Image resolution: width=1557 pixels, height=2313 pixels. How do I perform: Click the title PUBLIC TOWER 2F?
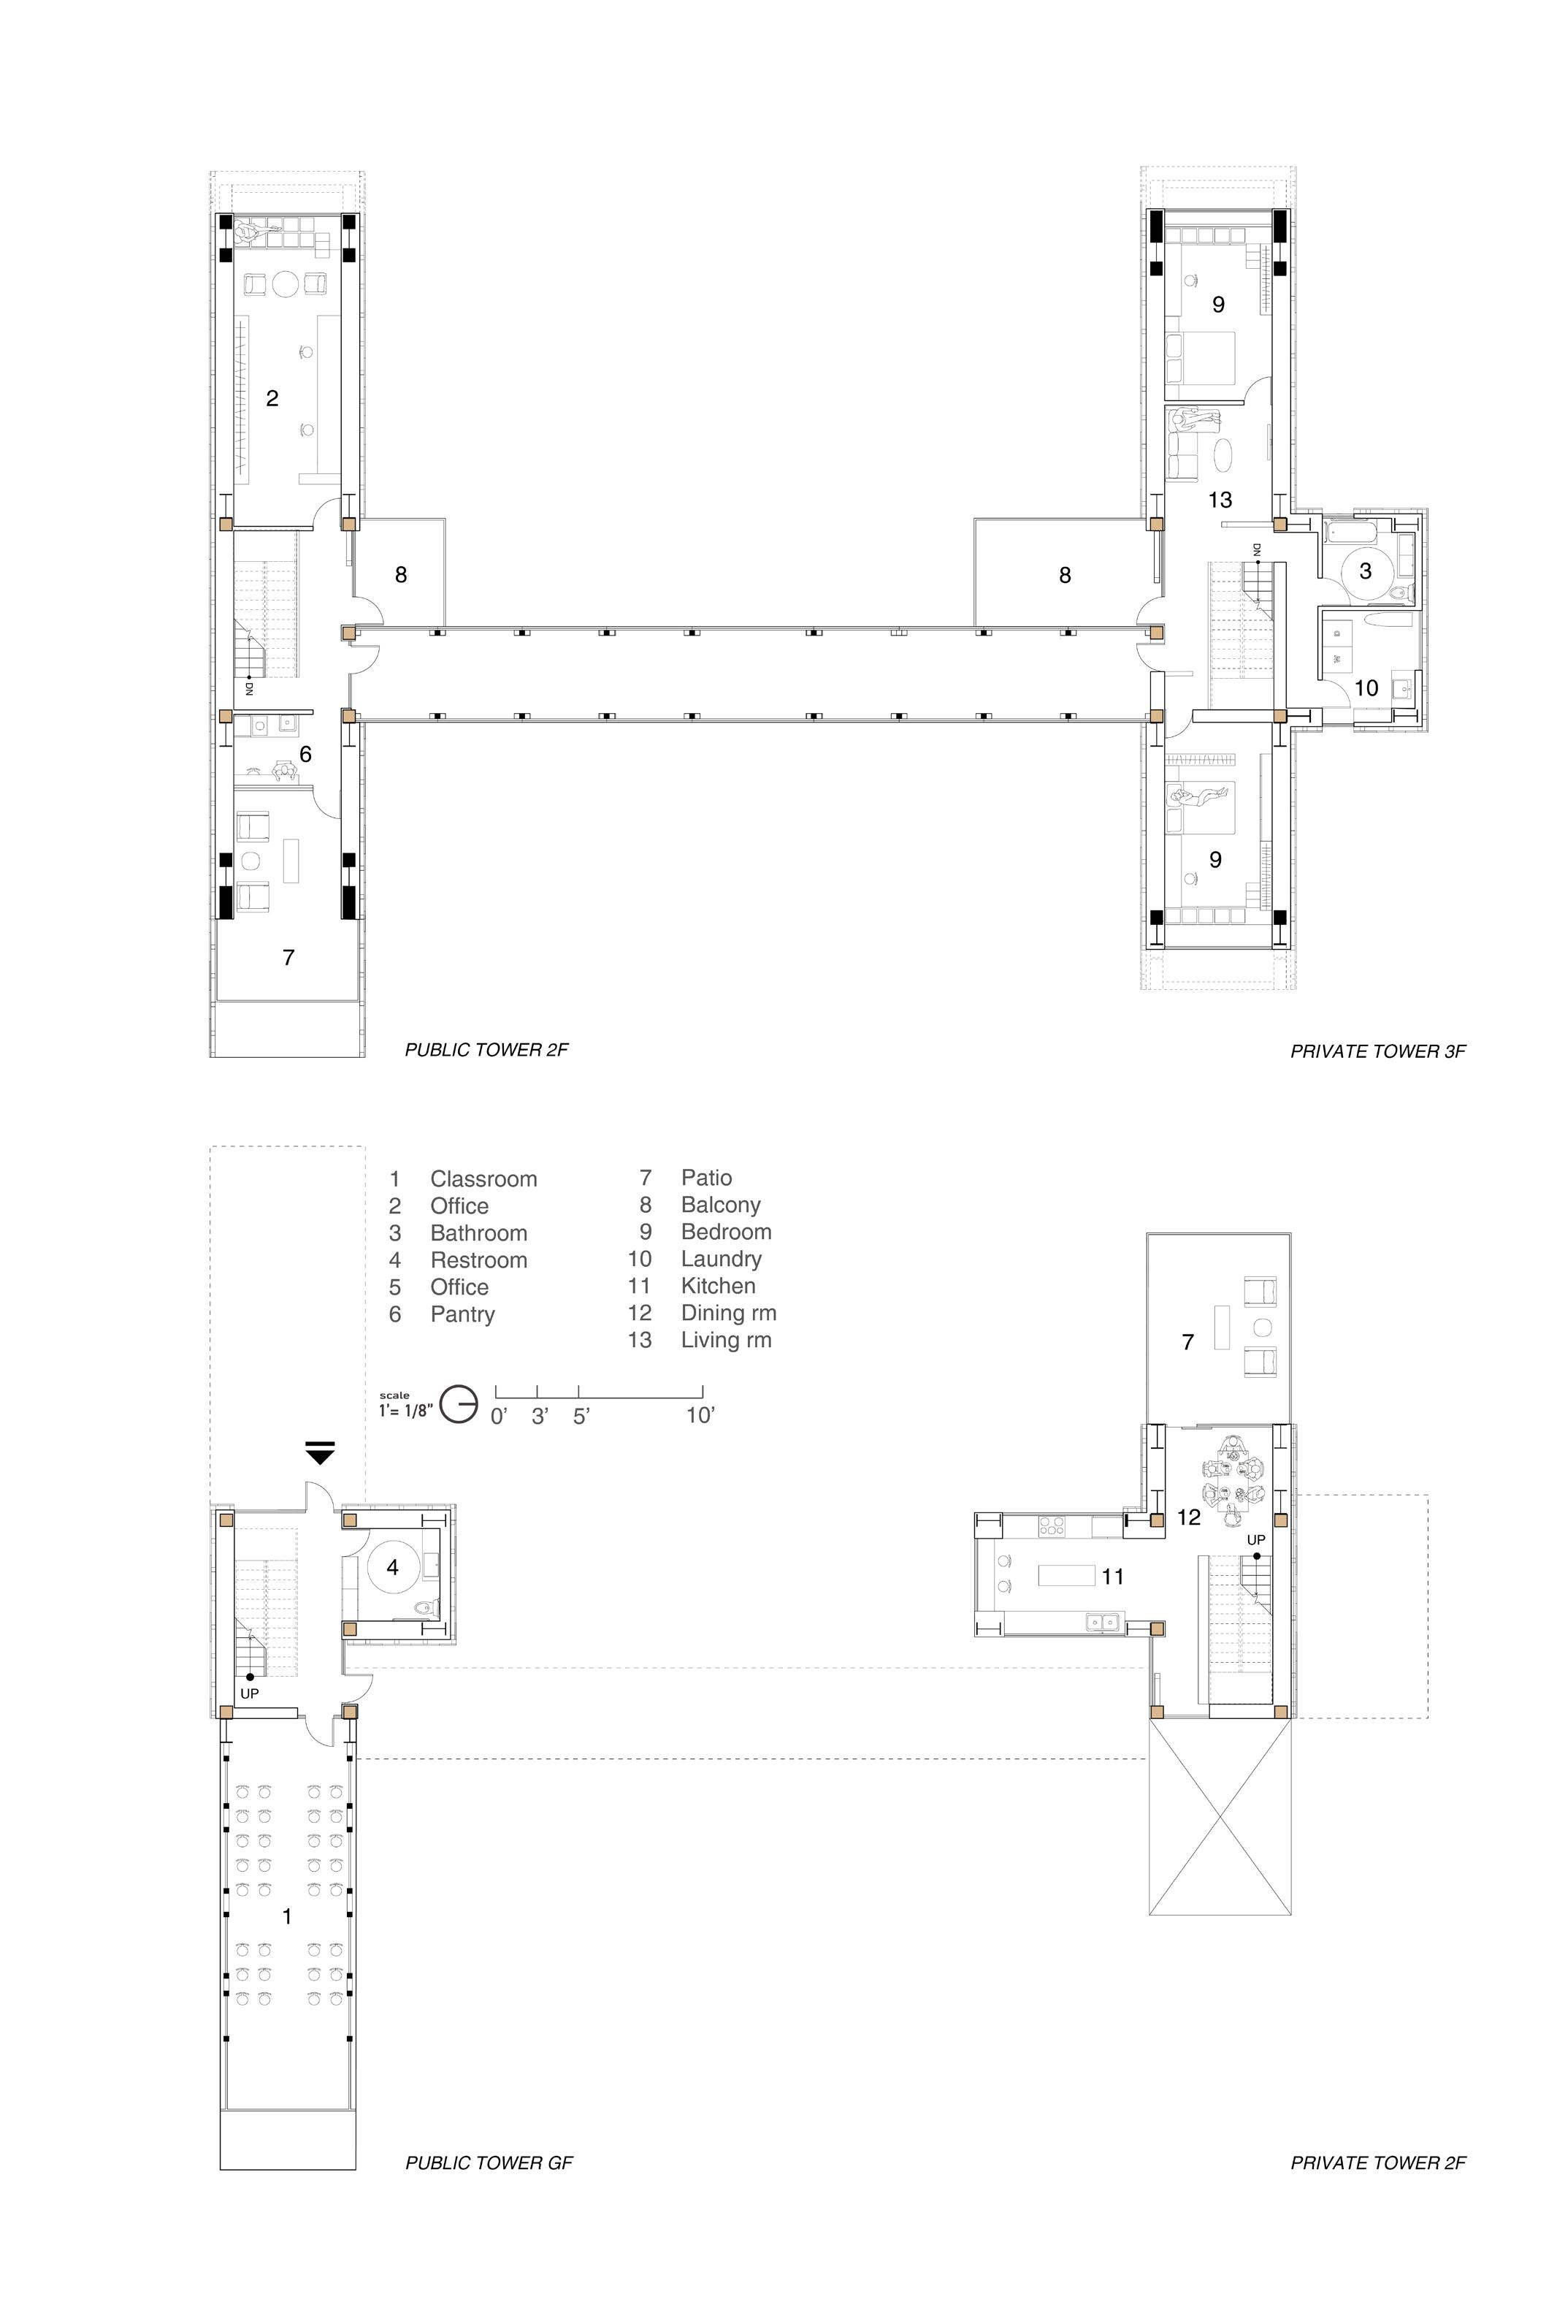tap(486, 1050)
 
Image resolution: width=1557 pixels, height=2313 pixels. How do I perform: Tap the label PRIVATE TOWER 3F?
tap(1377, 1051)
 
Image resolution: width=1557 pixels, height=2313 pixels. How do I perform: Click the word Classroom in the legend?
tap(483, 1179)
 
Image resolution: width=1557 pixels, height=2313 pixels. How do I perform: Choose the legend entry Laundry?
tap(721, 1260)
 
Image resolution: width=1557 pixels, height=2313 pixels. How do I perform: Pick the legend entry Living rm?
tap(726, 1340)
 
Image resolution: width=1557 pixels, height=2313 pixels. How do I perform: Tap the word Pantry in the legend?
tap(463, 1315)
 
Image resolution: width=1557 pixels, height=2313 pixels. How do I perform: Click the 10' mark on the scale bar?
tap(700, 1415)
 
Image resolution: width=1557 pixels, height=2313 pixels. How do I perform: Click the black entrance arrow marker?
tap(320, 1453)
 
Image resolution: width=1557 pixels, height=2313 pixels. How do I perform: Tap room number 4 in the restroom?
tap(393, 1567)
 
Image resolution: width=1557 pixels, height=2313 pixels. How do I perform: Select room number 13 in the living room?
tap(1220, 500)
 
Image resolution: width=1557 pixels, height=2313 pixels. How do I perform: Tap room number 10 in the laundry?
tap(1366, 687)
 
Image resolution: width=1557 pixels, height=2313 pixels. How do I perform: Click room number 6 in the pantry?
tap(306, 755)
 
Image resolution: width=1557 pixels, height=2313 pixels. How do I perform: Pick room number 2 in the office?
tap(272, 398)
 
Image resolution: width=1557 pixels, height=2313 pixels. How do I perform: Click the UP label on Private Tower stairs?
tap(1256, 1540)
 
